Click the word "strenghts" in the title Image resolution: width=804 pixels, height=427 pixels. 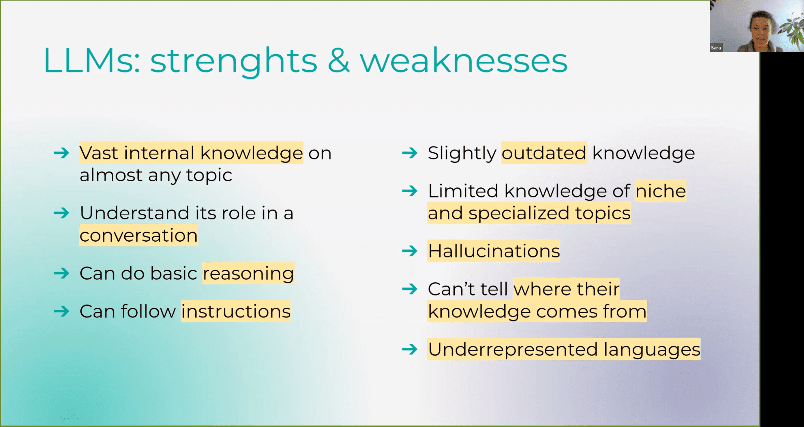coord(233,61)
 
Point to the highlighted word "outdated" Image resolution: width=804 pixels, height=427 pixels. coord(544,153)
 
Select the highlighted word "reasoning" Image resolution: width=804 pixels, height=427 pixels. coord(248,274)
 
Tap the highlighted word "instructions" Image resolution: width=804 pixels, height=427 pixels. coord(236,311)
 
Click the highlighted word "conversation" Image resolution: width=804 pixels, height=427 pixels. coord(138,235)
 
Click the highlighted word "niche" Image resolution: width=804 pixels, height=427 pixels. coord(660,191)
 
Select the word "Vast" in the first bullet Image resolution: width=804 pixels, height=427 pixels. coord(99,153)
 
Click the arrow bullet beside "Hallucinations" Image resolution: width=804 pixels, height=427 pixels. coord(409,251)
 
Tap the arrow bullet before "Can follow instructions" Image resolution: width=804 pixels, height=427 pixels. coord(61,311)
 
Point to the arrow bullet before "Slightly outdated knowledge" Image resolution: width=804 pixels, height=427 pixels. coord(409,153)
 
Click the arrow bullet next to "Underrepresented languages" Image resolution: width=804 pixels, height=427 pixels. coord(409,349)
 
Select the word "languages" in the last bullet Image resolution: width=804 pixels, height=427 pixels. coord(652,349)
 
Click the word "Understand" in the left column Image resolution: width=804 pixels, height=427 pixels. coord(134,213)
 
